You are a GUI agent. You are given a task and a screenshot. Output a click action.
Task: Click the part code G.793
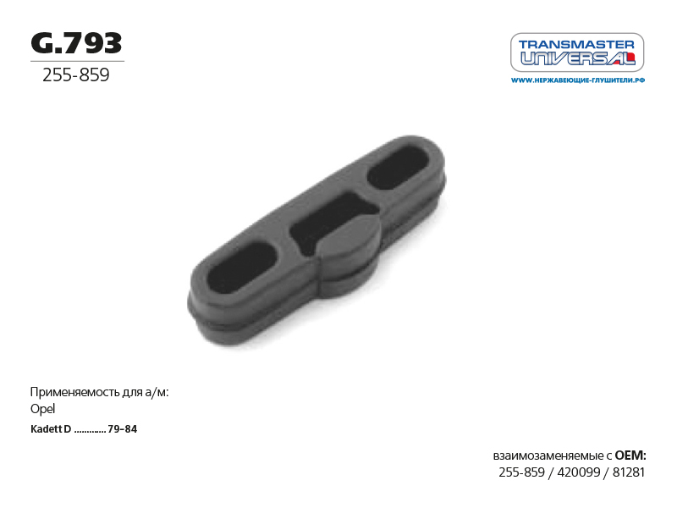(76, 44)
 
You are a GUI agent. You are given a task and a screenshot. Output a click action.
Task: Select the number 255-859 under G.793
(76, 75)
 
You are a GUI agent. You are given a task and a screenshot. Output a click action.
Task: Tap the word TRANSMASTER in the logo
(576, 44)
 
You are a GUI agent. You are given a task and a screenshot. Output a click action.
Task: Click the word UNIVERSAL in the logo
(578, 58)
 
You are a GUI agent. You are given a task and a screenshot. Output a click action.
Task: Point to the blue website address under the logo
(578, 80)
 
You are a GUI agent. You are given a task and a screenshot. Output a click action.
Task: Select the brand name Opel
(43, 409)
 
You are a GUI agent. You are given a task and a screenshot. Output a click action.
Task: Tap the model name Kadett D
(51, 429)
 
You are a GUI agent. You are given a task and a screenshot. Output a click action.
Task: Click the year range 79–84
(122, 429)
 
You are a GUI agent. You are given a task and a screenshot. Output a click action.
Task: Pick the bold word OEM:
(630, 456)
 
